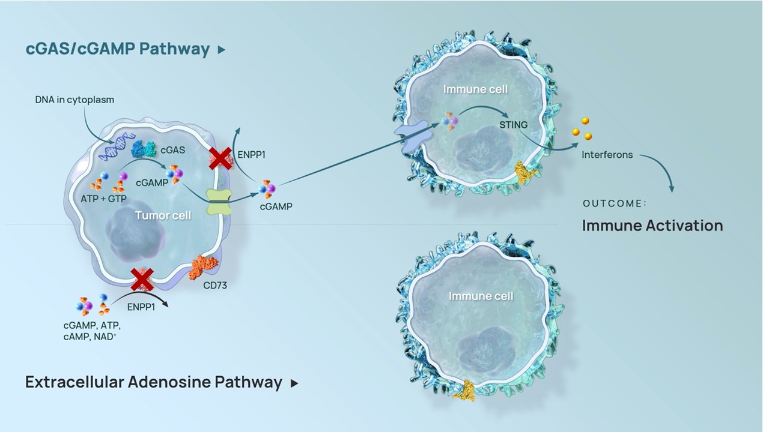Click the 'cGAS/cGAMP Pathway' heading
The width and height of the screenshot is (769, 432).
[117, 49]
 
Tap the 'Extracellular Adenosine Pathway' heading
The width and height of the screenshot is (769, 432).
[153, 382]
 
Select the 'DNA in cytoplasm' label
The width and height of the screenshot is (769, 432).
[74, 100]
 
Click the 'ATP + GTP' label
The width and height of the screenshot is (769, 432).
[104, 199]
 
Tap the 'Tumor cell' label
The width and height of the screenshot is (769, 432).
[163, 215]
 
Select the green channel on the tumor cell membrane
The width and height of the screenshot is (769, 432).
[219, 202]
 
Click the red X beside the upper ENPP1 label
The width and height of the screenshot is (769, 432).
[220, 159]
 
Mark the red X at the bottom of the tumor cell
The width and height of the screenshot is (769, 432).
[142, 280]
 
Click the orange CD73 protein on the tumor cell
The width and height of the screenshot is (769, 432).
[203, 267]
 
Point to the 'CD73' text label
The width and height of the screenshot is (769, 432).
[215, 285]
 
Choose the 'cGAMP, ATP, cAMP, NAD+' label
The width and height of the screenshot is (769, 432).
[92, 331]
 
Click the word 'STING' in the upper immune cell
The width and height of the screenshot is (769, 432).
[513, 125]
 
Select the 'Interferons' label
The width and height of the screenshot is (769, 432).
[607, 155]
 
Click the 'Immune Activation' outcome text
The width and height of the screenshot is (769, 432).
[652, 226]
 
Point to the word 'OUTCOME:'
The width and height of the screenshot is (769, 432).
[615, 203]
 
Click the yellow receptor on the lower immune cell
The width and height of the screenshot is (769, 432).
[465, 391]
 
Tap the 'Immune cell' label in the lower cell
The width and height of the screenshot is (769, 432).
[481, 296]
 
